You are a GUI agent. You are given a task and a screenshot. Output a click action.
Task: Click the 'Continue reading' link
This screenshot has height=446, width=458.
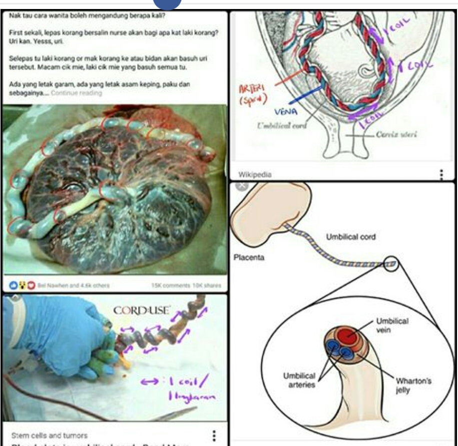pos(76,93)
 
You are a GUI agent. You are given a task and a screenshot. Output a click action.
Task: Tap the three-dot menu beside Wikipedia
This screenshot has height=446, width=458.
pos(441,174)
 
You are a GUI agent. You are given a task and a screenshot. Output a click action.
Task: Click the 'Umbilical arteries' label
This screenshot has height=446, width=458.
pos(299,380)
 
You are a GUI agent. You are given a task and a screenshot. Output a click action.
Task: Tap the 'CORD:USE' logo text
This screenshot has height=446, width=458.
pos(142,310)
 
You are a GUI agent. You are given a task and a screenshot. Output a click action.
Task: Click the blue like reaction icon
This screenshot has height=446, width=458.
pos(13,285)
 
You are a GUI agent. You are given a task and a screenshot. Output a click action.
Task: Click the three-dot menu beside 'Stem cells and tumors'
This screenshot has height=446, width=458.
pos(214,435)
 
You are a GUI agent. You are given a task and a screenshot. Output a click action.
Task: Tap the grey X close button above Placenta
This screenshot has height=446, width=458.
pos(242,186)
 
